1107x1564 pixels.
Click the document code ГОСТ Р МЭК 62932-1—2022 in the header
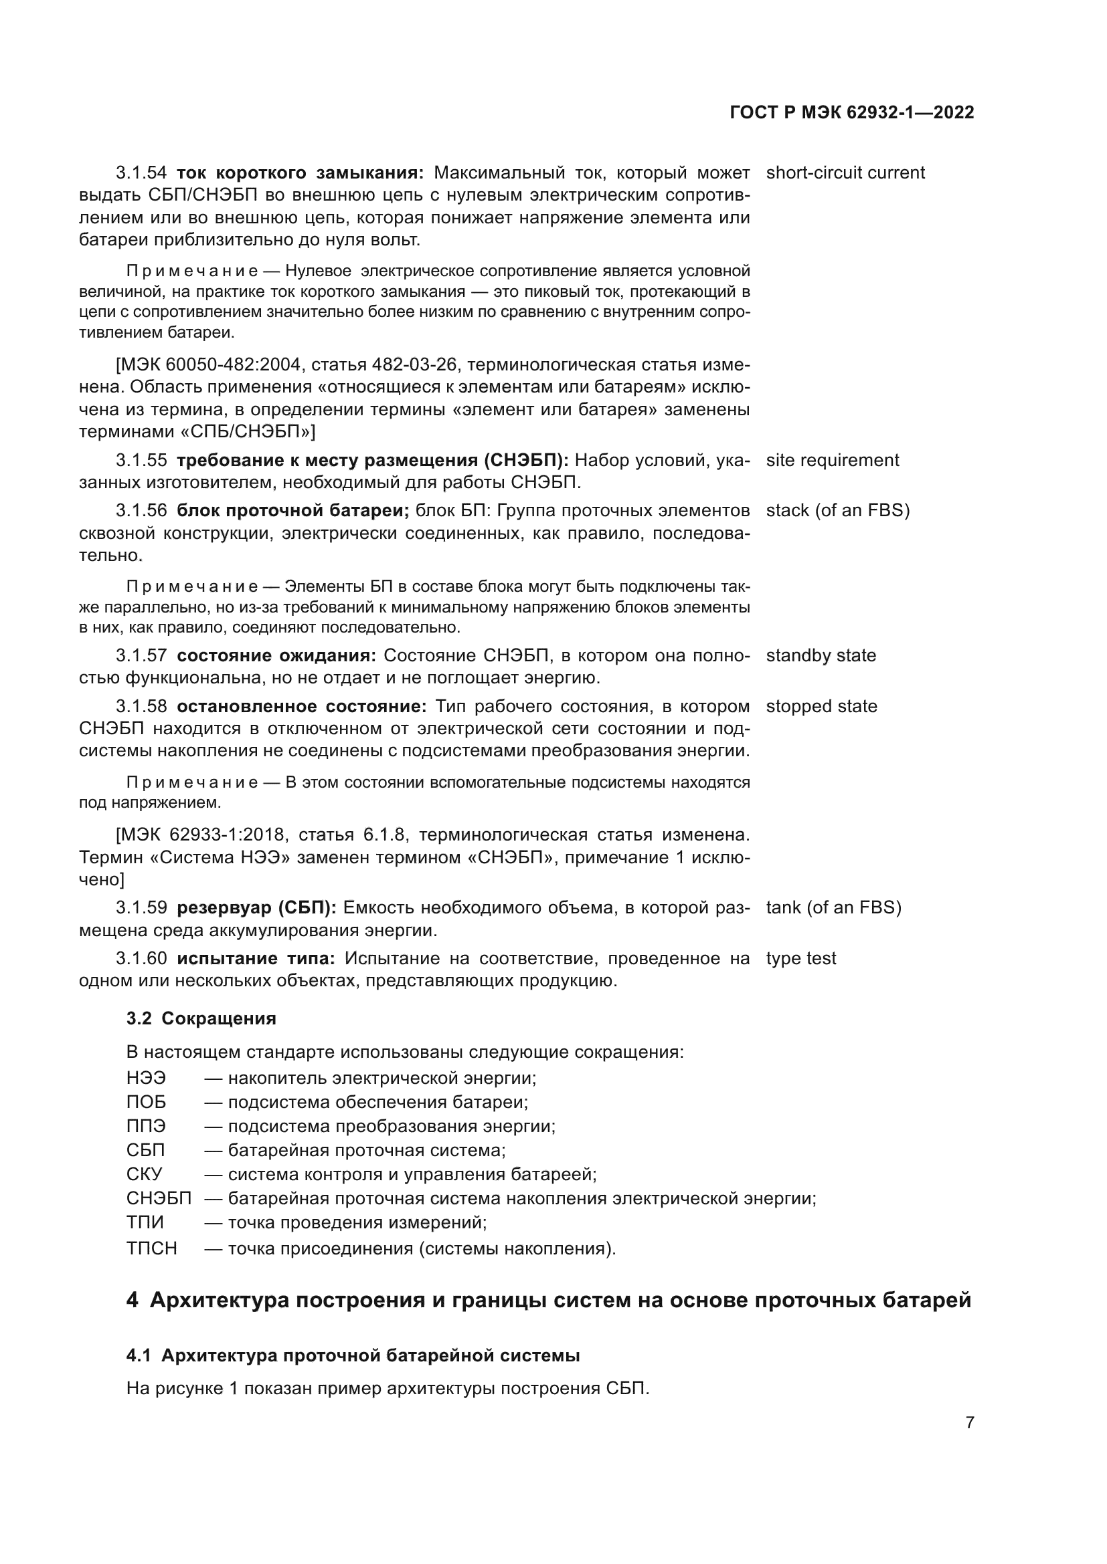click(851, 112)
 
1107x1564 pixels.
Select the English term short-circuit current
click(845, 173)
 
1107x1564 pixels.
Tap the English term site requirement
click(832, 460)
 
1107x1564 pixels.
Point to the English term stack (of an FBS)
click(837, 510)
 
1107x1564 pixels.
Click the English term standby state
click(820, 655)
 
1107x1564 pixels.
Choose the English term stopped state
click(821, 705)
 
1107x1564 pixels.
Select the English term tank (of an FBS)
click(833, 907)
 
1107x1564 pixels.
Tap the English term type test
click(800, 958)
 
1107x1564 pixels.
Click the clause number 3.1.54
click(141, 173)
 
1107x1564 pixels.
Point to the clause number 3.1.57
click(141, 655)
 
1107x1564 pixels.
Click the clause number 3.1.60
click(141, 958)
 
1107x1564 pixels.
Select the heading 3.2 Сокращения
click(201, 1018)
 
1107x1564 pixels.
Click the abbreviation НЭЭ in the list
click(146, 1078)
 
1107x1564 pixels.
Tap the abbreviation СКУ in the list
click(145, 1174)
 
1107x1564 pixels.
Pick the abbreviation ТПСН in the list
click(151, 1248)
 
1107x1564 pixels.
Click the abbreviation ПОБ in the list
click(146, 1101)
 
